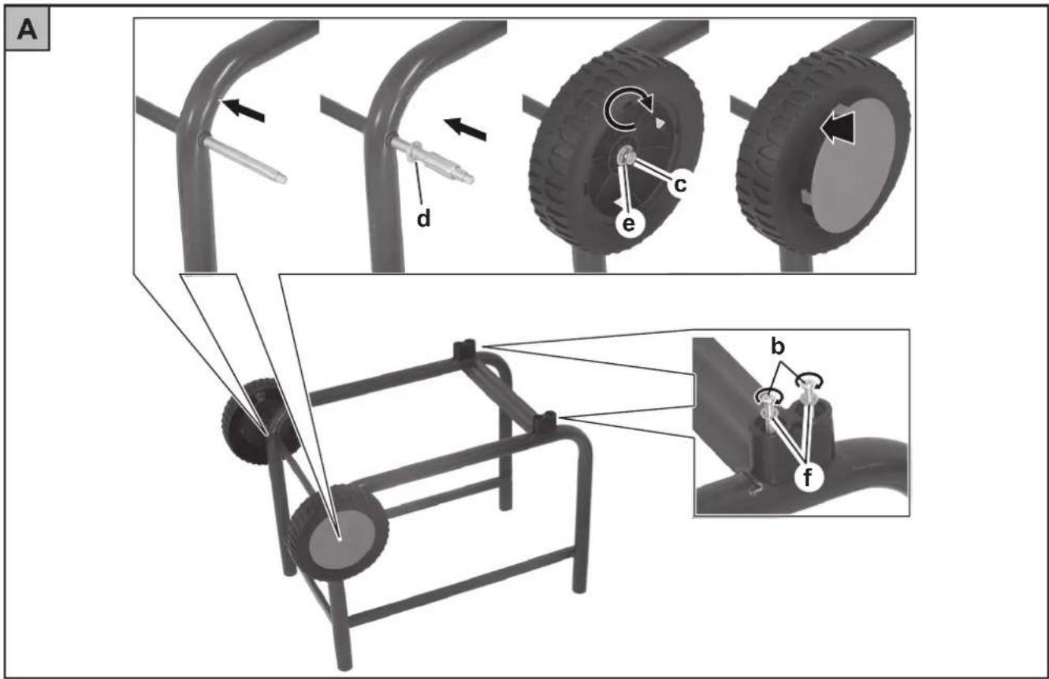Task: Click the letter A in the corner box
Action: point(27,31)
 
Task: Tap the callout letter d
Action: point(423,218)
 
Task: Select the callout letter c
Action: point(679,185)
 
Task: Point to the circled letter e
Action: point(628,224)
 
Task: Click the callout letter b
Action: point(778,347)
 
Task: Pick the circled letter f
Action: point(807,478)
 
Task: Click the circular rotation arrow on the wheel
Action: point(626,109)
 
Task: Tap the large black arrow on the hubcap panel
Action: point(837,127)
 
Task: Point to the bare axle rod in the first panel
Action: point(243,160)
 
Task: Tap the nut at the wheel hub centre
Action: point(626,157)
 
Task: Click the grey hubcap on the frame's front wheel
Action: point(342,536)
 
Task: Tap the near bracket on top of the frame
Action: point(545,422)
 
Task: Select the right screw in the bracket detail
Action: point(809,393)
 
